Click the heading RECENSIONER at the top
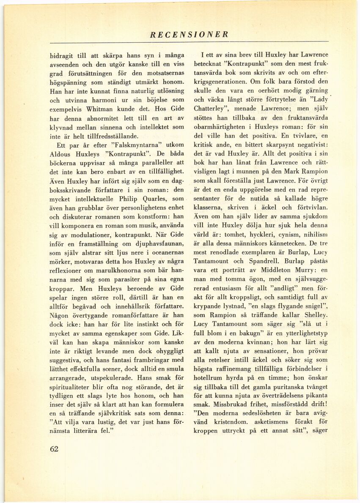[x=189, y=35]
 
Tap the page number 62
[x=54, y=449]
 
